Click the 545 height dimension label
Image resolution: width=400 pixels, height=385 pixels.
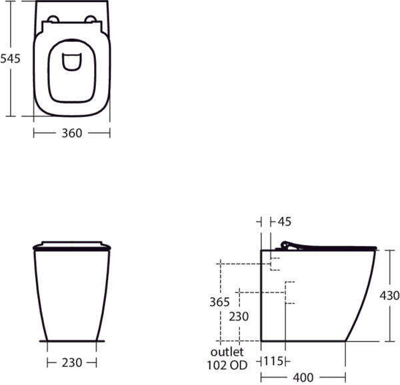[x=11, y=59]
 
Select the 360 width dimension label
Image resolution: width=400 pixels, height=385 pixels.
[x=71, y=133]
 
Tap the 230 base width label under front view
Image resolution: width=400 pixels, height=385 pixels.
[x=72, y=363]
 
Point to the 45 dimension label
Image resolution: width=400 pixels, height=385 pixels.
[x=285, y=222]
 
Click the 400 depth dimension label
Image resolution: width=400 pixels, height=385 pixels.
[x=303, y=377]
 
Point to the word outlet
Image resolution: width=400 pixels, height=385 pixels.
[x=227, y=352]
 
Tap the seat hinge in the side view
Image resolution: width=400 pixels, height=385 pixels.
[x=287, y=246]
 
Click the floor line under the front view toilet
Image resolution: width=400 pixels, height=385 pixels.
[x=71, y=341]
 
